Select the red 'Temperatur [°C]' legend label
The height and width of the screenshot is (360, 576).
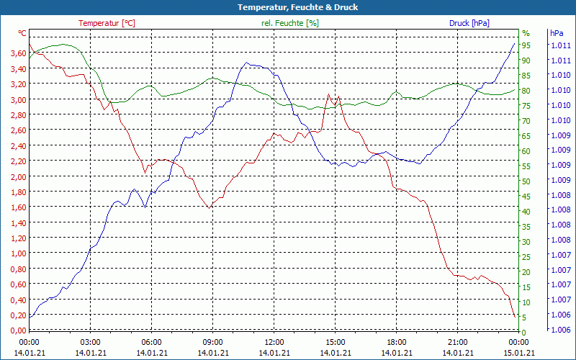pyautogui.click(x=107, y=23)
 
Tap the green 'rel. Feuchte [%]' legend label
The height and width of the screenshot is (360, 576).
pyautogui.click(x=290, y=23)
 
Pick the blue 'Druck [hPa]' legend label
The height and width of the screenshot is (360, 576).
pyautogui.click(x=469, y=23)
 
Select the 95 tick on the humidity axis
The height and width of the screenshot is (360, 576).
pyautogui.click(x=526, y=45)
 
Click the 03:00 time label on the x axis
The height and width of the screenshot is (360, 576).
pyautogui.click(x=90, y=341)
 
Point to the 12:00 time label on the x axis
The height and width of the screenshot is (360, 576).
pyautogui.click(x=274, y=341)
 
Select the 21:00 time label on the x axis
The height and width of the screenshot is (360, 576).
pyautogui.click(x=457, y=341)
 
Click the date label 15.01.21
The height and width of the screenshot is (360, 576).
pyautogui.click(x=518, y=353)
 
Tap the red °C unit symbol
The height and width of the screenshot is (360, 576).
pyautogui.click(x=22, y=33)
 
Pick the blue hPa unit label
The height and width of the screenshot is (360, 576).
pyautogui.click(x=557, y=33)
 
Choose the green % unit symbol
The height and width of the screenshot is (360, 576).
pyautogui.click(x=526, y=33)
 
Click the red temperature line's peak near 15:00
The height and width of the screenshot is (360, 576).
pyautogui.click(x=329, y=94)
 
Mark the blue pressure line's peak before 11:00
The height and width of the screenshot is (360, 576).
pyautogui.click(x=247, y=63)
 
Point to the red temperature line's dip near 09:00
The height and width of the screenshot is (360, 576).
pyautogui.click(x=210, y=207)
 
